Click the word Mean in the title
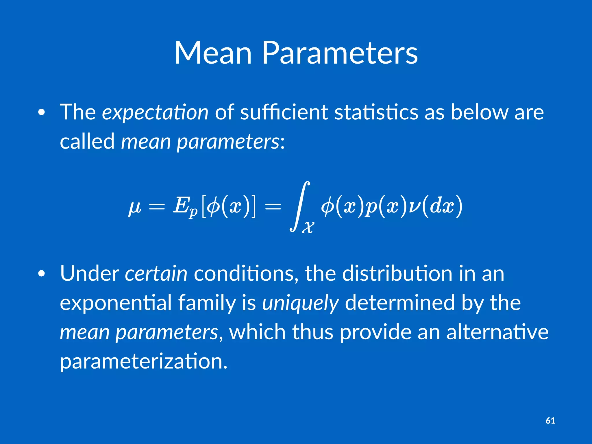tap(213, 53)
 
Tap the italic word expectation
tap(155, 112)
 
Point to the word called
tap(87, 141)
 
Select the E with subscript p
tap(185, 207)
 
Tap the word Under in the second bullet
tap(89, 273)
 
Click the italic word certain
tap(156, 273)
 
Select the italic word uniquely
tap(300, 303)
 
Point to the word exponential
tap(116, 303)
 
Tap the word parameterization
tap(144, 361)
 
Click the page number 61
tap(550, 421)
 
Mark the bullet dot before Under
tap(42, 274)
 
